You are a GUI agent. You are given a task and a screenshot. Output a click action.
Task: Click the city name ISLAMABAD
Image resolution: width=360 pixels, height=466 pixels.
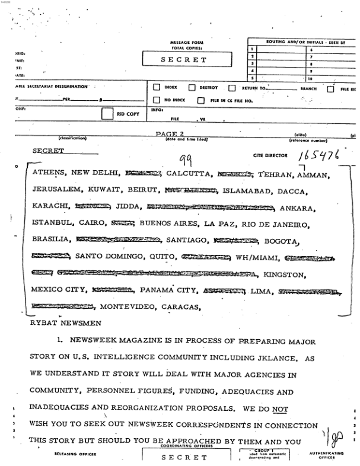pos(246,190)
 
